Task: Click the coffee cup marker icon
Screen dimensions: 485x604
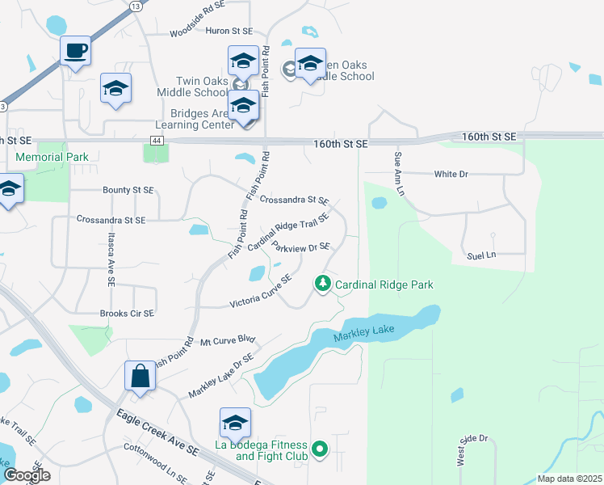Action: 75,51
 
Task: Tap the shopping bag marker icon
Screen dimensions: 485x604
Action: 140,377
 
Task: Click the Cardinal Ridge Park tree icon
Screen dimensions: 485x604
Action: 322,284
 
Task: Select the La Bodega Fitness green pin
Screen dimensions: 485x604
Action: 320,448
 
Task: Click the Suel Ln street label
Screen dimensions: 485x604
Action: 480,255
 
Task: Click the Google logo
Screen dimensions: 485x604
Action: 27,475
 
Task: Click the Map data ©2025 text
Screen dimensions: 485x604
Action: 568,479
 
